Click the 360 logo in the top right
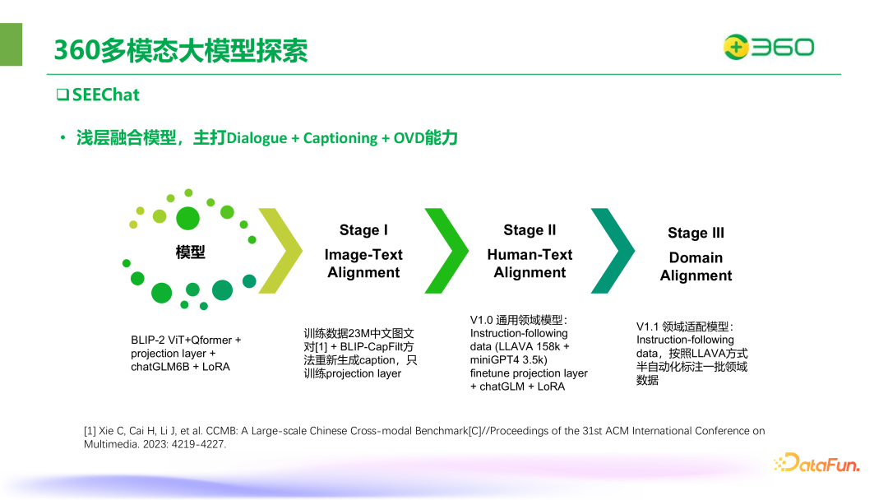coord(768,48)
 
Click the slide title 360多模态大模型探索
coord(181,50)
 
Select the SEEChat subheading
coord(105,95)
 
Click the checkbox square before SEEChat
coord(62,95)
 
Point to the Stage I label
coord(363,230)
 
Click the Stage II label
coord(530,230)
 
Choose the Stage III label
coord(696,233)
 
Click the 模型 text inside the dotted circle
coord(190,252)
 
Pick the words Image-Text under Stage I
coord(363,255)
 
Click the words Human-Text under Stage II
coord(530,255)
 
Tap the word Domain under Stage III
coord(696,257)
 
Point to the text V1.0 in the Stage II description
coord(481,320)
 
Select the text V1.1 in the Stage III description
coord(647,326)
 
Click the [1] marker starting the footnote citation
coord(90,431)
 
